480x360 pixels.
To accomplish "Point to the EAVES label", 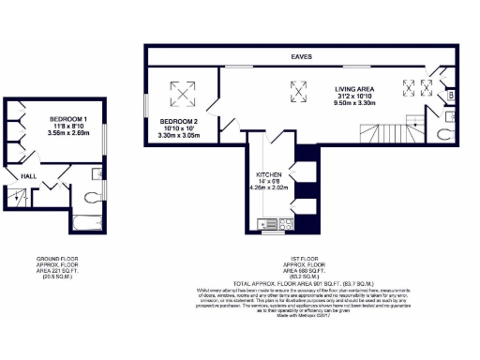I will pyautogui.click(x=301, y=57).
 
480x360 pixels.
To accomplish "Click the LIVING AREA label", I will pyautogui.click(x=359, y=89).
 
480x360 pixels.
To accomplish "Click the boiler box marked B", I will pyautogui.click(x=451, y=96).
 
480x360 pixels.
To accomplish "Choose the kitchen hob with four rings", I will pyautogui.click(x=285, y=224).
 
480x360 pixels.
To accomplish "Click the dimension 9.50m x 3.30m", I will pyautogui.click(x=359, y=106).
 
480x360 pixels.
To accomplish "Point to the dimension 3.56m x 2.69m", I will pyautogui.click(x=67, y=134).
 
